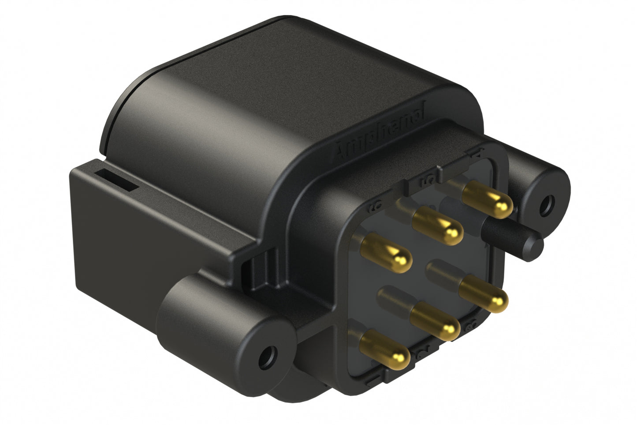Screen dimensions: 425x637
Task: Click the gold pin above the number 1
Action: click(x=384, y=346)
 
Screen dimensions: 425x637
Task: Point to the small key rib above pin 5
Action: click(x=440, y=169)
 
